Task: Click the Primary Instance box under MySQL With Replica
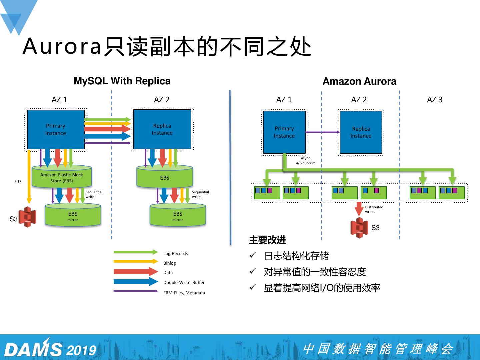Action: pos(56,129)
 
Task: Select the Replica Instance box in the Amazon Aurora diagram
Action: pos(361,132)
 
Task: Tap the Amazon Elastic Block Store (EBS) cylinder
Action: pos(62,176)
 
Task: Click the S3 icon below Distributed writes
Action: pos(359,228)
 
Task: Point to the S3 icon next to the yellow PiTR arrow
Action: pos(27,217)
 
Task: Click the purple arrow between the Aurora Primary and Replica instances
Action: pos(323,132)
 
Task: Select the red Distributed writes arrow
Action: pos(359,209)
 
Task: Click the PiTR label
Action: pos(18,181)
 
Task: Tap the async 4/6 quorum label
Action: pos(305,161)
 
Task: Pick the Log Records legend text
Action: pos(175,254)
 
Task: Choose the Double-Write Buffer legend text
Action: pos(184,282)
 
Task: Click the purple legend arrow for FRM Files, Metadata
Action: pos(136,291)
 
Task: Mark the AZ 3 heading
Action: pos(435,100)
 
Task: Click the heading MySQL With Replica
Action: pos(122,81)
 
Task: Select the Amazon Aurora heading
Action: pos(359,81)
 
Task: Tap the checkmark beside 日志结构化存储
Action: pos(253,255)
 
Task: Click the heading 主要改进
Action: pos(267,240)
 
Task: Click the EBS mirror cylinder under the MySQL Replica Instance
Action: pos(178,215)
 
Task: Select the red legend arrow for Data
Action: pos(136,271)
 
